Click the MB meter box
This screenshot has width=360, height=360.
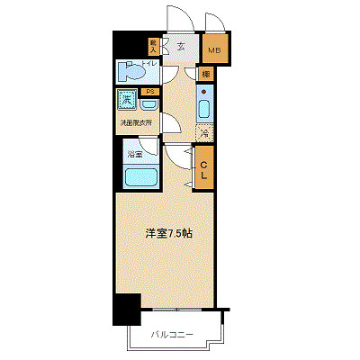(216, 49)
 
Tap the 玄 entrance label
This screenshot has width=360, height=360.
(181, 47)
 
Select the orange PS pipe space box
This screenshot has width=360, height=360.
(151, 91)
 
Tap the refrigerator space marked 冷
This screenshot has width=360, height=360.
(203, 132)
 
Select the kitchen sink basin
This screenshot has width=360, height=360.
(204, 111)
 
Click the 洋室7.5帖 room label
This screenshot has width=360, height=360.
(166, 232)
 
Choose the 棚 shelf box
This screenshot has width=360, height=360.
(206, 74)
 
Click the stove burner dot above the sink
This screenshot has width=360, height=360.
(204, 93)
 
